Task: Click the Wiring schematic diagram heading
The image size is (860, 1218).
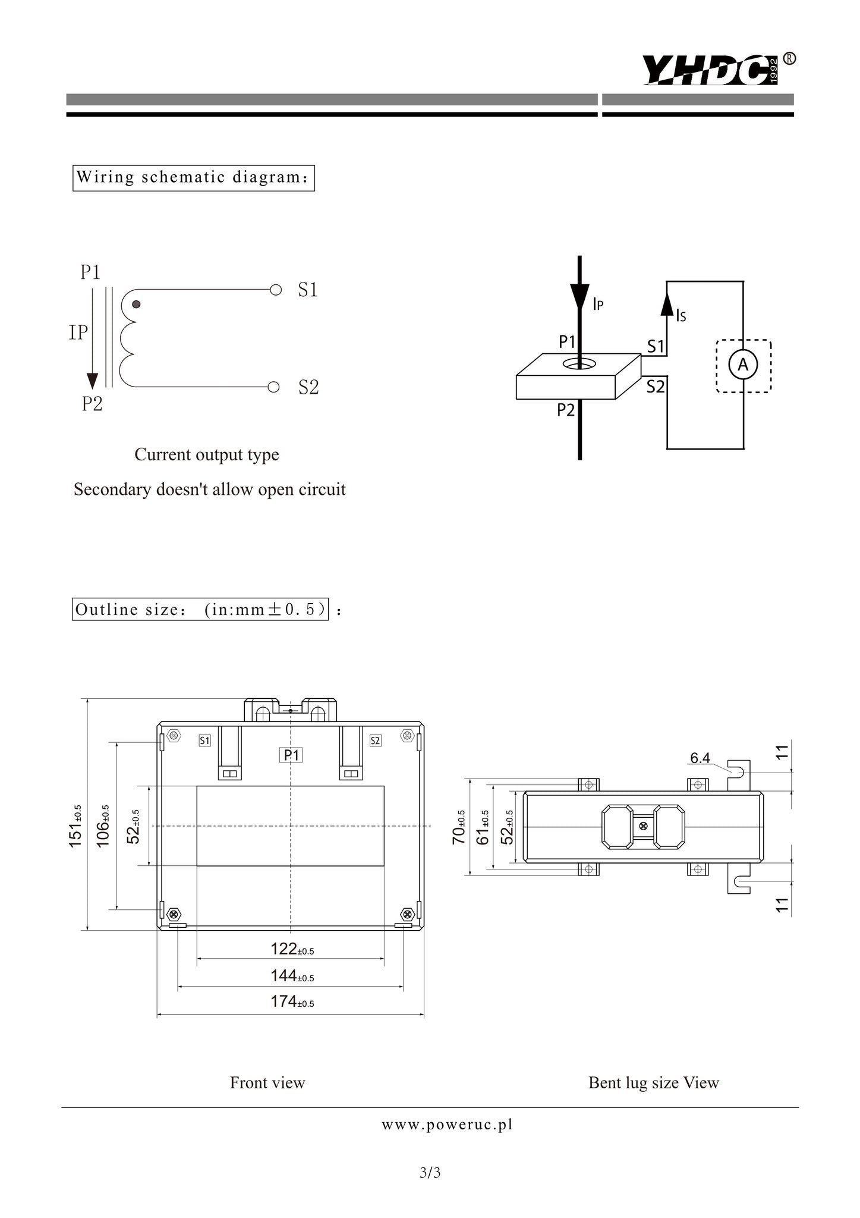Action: tap(193, 178)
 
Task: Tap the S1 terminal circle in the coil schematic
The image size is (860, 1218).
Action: tap(275, 290)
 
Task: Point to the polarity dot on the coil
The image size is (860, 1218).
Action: tap(136, 304)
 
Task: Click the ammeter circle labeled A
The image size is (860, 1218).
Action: tap(743, 365)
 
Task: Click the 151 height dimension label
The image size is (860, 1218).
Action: tap(77, 827)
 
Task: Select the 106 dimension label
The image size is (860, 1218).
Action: tap(103, 827)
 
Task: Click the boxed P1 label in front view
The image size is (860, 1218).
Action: tap(291, 755)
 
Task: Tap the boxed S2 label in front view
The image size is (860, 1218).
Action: tap(375, 740)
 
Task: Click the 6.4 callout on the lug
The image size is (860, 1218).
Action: tap(700, 758)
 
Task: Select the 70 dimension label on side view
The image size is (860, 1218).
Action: tap(459, 827)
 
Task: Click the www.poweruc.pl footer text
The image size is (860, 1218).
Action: tap(447, 1125)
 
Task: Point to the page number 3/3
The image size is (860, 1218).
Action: tap(430, 1173)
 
